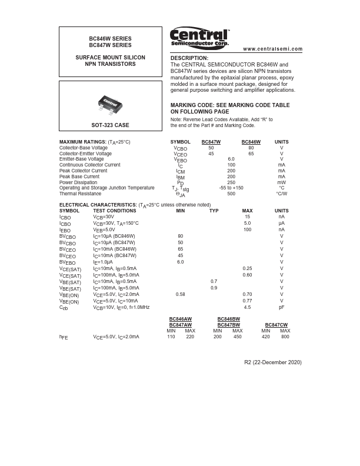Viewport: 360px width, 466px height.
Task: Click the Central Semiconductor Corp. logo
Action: click(x=199, y=38)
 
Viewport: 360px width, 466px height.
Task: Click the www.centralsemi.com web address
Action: click(x=272, y=49)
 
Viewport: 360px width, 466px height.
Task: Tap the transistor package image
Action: click(x=110, y=105)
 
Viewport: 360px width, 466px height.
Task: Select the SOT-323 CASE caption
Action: click(x=110, y=125)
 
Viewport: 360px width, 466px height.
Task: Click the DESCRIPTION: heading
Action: click(x=189, y=58)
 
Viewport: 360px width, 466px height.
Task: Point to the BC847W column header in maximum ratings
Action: click(x=211, y=142)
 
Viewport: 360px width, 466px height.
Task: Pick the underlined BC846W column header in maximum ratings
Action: click(x=251, y=142)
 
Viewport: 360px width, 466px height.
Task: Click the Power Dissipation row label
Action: click(x=79, y=182)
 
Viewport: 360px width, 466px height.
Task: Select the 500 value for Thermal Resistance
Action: click(x=231, y=194)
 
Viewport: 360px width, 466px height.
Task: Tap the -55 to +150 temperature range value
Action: click(x=231, y=188)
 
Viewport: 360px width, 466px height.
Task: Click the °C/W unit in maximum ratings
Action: click(x=282, y=194)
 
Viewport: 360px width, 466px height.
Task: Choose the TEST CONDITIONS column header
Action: click(x=115, y=211)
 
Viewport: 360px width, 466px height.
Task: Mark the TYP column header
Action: click(x=214, y=211)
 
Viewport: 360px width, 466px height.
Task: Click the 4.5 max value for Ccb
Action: click(x=248, y=307)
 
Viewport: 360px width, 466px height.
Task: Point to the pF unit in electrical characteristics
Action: click(x=282, y=307)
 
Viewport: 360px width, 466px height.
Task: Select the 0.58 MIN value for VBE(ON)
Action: click(x=181, y=294)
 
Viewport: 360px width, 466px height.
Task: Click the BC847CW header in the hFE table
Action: click(x=276, y=325)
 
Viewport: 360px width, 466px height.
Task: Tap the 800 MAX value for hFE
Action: click(x=285, y=337)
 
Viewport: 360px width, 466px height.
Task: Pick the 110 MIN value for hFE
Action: click(x=171, y=337)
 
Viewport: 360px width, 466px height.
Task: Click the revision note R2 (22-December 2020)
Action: click(x=272, y=362)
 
